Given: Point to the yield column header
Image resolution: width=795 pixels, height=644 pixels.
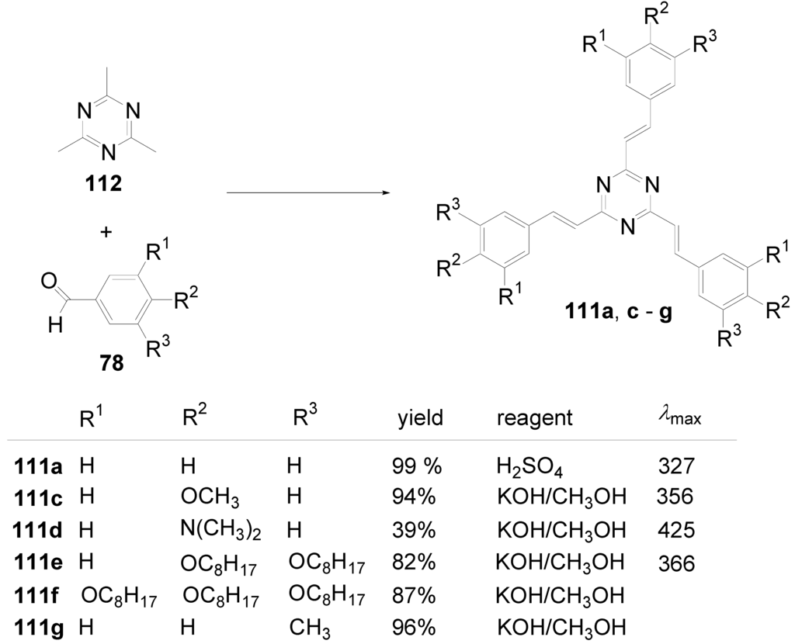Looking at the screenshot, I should coord(419,419).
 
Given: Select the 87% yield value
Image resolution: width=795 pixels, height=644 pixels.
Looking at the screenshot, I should coord(411,597).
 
